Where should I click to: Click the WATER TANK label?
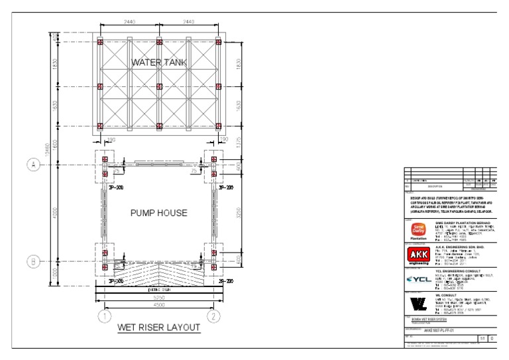tap(159, 62)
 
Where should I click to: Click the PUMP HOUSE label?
tap(159, 213)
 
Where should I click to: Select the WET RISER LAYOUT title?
tap(158, 328)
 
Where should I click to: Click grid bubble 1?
tap(104, 316)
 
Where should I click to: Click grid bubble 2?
tap(213, 316)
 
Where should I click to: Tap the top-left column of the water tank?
tap(100, 42)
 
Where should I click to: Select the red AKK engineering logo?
tap(420, 255)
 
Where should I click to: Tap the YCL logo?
tap(420, 279)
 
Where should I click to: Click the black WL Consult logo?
tap(420, 304)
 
